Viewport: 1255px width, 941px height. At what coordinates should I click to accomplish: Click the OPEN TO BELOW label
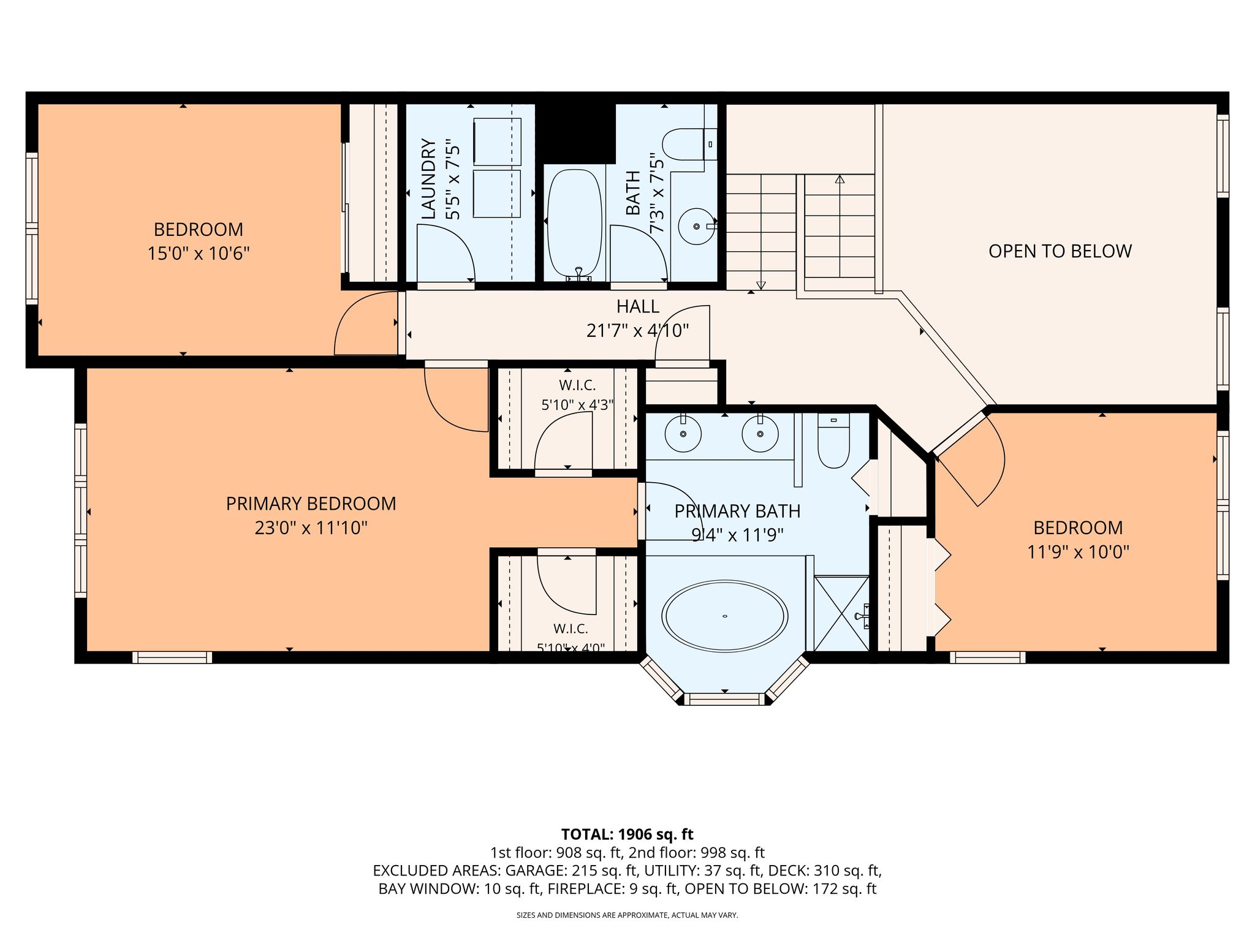pyautogui.click(x=1060, y=251)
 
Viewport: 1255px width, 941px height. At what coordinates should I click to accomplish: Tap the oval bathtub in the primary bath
pyautogui.click(x=725, y=616)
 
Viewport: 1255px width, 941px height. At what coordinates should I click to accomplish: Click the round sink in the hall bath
pyautogui.click(x=697, y=226)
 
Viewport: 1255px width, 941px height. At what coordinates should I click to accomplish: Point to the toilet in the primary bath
pyautogui.click(x=833, y=440)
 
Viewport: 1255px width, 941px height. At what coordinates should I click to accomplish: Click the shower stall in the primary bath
pyautogui.click(x=841, y=613)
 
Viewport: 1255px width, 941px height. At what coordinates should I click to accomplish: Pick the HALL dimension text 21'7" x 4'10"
pyautogui.click(x=637, y=331)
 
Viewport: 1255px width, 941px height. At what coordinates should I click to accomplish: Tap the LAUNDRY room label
pyautogui.click(x=428, y=179)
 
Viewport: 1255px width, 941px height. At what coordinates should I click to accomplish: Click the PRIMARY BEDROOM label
pyautogui.click(x=311, y=504)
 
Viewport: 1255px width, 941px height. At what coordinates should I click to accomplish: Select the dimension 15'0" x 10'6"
pyautogui.click(x=199, y=254)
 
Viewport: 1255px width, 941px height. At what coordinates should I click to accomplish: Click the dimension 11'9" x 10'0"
pyautogui.click(x=1078, y=552)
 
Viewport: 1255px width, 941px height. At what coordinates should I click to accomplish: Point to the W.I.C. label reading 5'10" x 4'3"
pyautogui.click(x=577, y=404)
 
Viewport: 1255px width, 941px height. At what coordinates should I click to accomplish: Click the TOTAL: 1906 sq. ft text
pyautogui.click(x=627, y=834)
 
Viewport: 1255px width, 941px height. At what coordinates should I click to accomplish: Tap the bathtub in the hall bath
pyautogui.click(x=574, y=223)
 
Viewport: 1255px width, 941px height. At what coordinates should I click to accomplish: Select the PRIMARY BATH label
pyautogui.click(x=737, y=511)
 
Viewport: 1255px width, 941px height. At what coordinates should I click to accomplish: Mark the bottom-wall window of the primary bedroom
pyautogui.click(x=172, y=657)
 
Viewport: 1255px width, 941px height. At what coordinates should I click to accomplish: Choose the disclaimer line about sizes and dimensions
pyautogui.click(x=627, y=915)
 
